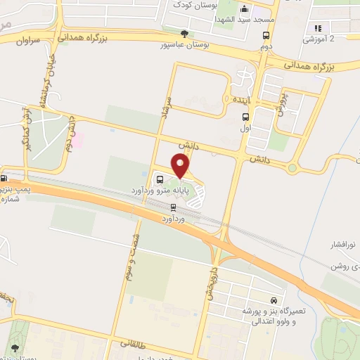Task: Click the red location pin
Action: [x=181, y=166]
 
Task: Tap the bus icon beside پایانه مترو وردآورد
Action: [x=160, y=179]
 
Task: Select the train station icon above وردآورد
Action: [x=173, y=207]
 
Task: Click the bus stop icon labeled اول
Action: [x=245, y=117]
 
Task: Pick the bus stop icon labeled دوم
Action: [x=266, y=36]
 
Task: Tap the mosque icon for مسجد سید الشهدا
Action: [x=245, y=10]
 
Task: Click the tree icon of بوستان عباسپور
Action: [x=184, y=32]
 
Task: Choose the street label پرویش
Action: [x=282, y=102]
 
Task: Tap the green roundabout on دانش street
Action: [x=292, y=167]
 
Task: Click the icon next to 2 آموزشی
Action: [x=318, y=28]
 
